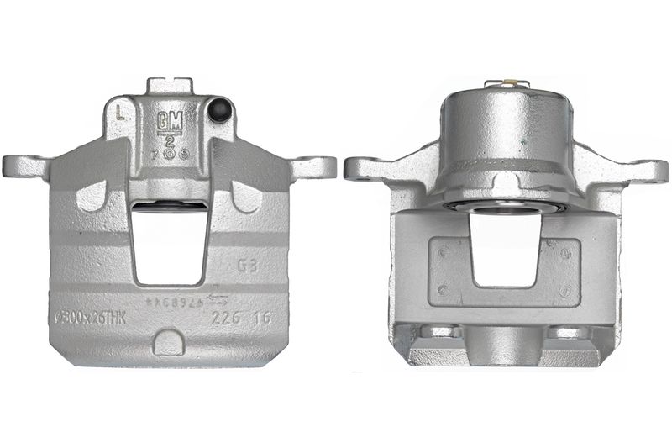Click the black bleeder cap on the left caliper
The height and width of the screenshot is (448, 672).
(222, 108)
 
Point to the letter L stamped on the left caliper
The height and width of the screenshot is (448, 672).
(123, 110)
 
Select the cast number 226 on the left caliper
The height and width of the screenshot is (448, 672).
(224, 319)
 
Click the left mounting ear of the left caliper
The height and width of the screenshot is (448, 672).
(24, 165)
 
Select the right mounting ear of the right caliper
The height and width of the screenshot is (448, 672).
(648, 171)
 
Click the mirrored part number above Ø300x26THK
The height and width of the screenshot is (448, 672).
(174, 300)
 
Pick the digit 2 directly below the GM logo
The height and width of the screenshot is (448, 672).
(168, 139)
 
